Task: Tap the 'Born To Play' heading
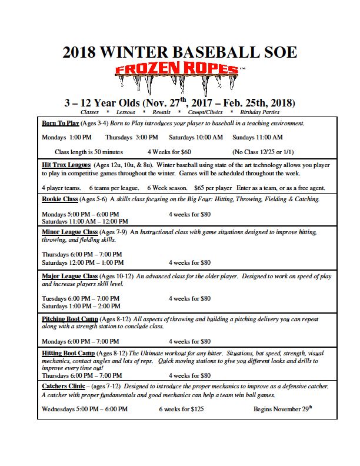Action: pos(61,124)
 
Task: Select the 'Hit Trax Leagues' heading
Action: pos(66,165)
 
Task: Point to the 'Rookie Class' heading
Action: pos(60,199)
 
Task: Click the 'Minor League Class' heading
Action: pos(70,232)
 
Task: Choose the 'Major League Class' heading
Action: pos(70,276)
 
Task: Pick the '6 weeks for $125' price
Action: pos(181,409)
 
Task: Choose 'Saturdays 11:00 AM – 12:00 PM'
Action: pos(85,221)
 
